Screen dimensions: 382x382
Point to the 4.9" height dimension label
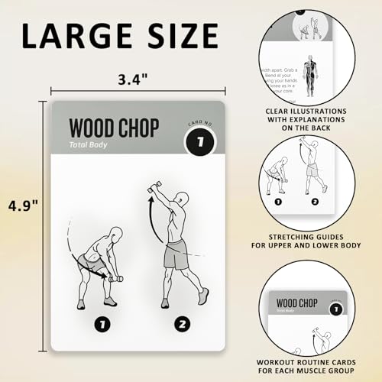tap(23, 206)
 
